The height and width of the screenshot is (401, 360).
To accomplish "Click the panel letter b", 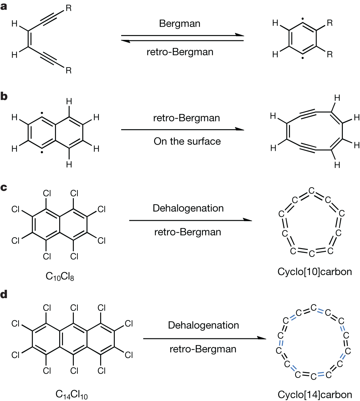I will click(x=4, y=97).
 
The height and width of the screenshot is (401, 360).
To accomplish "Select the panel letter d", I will click(x=4, y=294).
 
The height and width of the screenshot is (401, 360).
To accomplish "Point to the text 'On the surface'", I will click(x=187, y=141).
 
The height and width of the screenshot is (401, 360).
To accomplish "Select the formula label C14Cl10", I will click(x=71, y=395).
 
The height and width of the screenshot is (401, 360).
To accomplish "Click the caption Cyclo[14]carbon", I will click(x=314, y=394).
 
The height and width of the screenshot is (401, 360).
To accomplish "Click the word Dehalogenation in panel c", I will click(x=188, y=208).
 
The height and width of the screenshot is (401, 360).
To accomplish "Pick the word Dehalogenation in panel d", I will click(x=203, y=325).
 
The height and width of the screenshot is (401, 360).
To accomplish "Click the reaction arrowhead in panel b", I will click(x=240, y=129).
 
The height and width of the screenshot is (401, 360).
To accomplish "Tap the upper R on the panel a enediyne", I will click(x=69, y=8).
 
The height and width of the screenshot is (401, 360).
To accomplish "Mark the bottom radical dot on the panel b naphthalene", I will click(x=42, y=153).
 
